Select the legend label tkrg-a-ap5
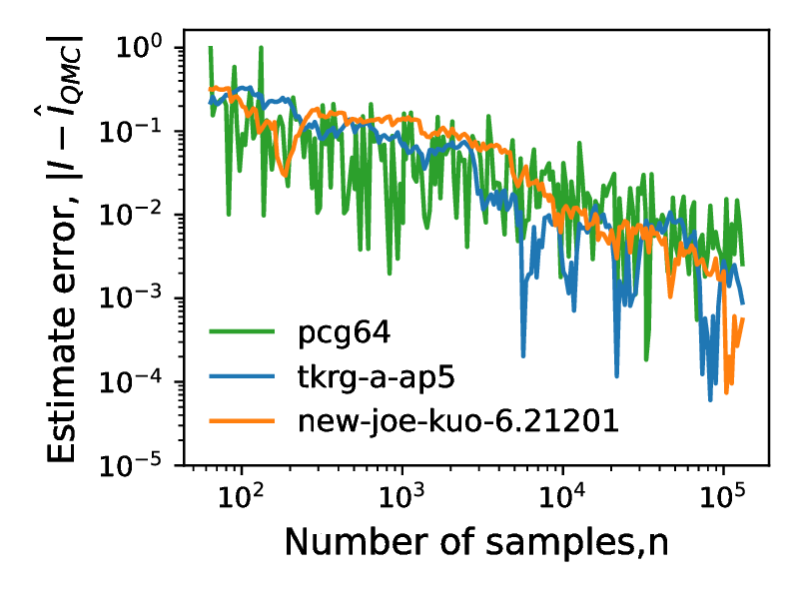(362, 377)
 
